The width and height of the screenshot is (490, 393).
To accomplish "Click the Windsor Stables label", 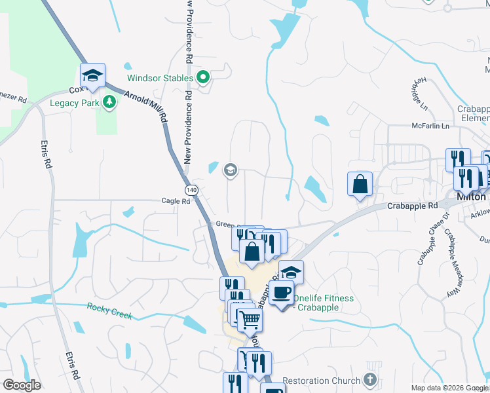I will [160, 78].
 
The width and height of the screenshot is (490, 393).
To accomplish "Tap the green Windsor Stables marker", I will [203, 79].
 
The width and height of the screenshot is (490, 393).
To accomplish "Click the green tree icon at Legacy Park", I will [110, 102].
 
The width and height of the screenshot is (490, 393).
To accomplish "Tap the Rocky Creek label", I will [110, 311].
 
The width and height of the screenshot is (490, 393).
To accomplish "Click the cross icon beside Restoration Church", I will [370, 380].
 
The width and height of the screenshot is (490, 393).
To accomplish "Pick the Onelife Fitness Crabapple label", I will [324, 303].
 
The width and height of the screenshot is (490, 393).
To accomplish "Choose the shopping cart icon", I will [249, 321].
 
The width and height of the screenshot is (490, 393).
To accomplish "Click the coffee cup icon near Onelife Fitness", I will [282, 293].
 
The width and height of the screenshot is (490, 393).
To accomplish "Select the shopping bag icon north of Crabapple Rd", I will [360, 183].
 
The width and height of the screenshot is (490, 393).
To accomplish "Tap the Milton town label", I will [471, 196].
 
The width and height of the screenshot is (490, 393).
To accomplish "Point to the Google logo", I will [22, 385].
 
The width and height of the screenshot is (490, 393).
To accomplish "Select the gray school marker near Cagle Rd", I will [230, 170].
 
